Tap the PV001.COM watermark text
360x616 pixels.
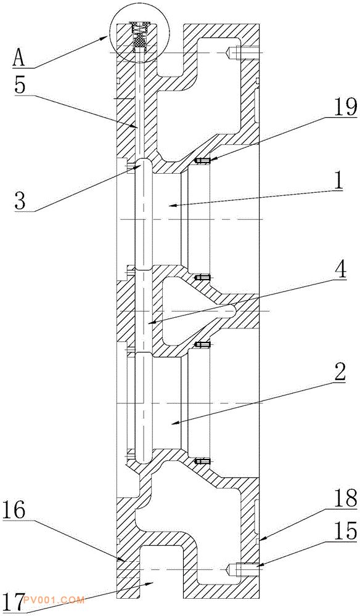(54, 600)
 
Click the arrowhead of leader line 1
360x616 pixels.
(167, 206)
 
